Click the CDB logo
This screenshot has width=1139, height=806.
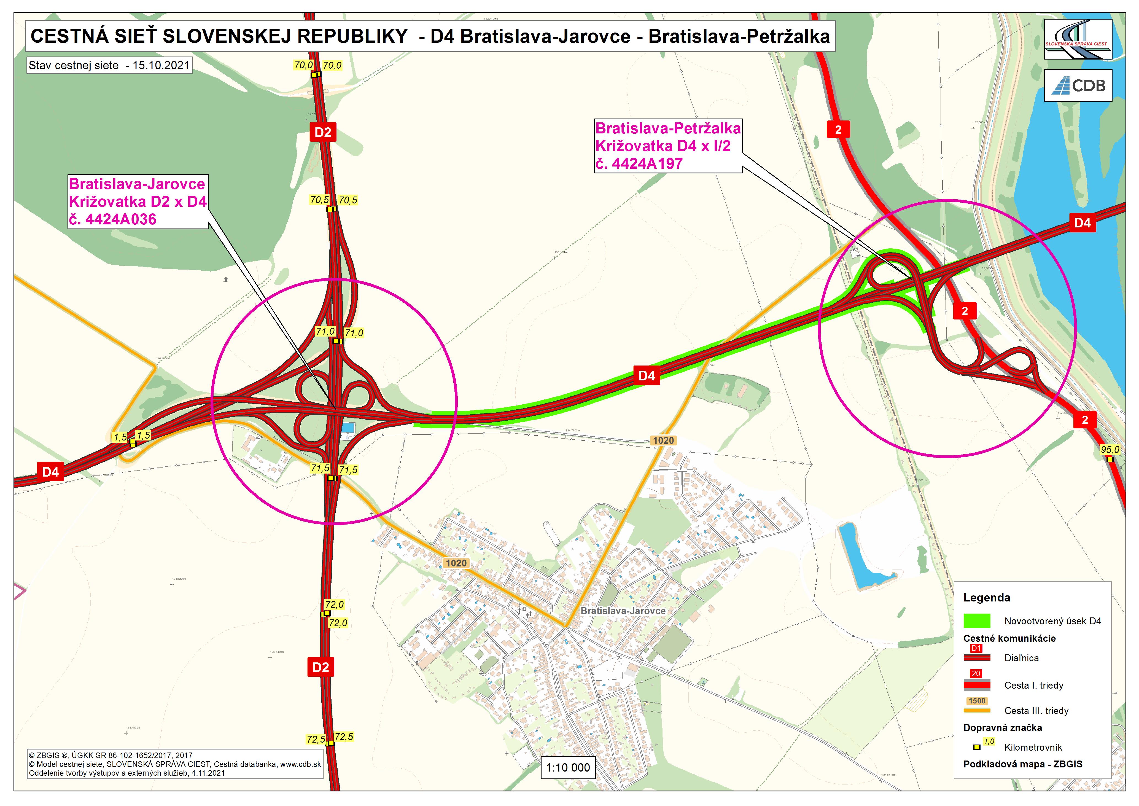(1078, 85)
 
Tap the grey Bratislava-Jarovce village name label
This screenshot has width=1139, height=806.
(623, 611)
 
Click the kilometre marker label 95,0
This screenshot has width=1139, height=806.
(1110, 450)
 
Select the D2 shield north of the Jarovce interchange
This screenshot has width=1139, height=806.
(323, 132)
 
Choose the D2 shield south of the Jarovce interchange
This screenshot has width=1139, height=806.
(321, 667)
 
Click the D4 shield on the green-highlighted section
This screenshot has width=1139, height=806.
(647, 376)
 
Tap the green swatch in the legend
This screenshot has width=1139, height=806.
(977, 621)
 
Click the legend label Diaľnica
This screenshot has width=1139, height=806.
(1021, 658)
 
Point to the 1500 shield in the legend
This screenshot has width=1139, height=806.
(977, 701)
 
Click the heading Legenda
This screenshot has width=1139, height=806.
(986, 598)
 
